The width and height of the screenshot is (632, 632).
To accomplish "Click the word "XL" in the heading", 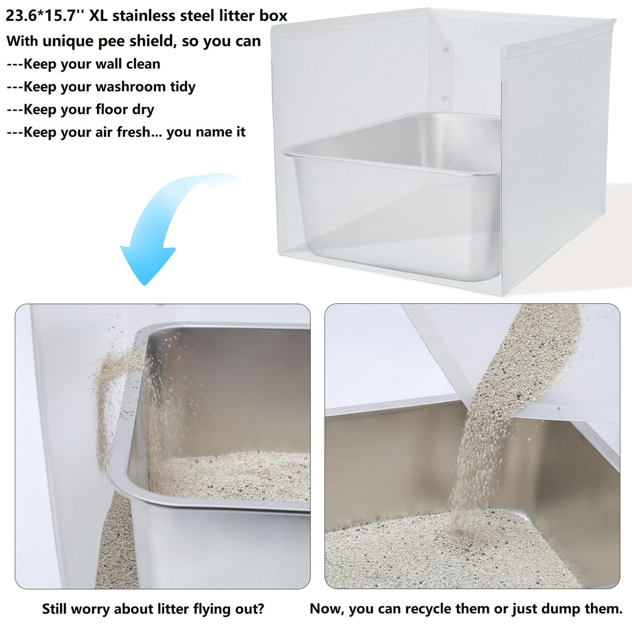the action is click(98, 16).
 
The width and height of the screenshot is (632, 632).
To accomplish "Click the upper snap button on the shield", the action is click(445, 50).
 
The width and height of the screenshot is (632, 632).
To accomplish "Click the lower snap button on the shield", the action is click(445, 98).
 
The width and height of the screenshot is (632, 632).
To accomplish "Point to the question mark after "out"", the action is click(260, 599).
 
